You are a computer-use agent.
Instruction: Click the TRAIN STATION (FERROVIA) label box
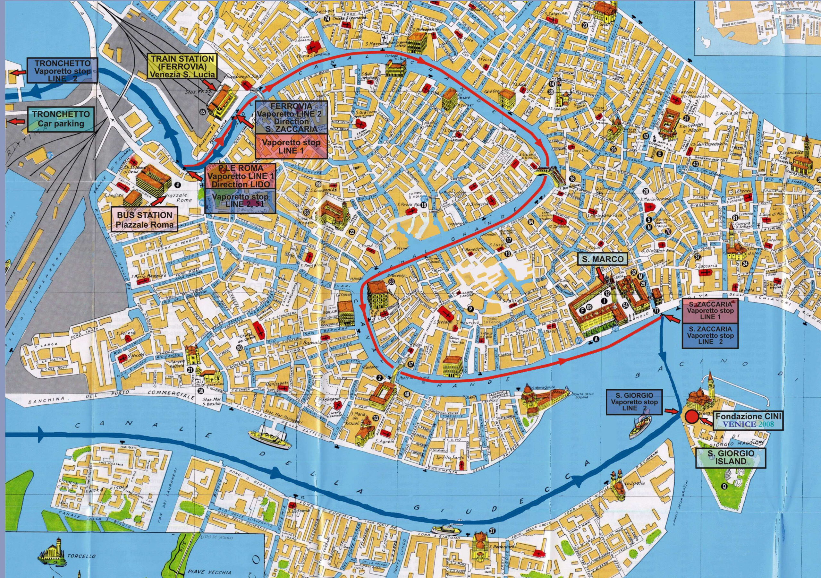[x=182, y=66]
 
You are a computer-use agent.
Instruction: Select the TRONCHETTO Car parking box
[x=61, y=119]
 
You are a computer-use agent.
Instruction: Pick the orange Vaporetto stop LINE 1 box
[x=291, y=146]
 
